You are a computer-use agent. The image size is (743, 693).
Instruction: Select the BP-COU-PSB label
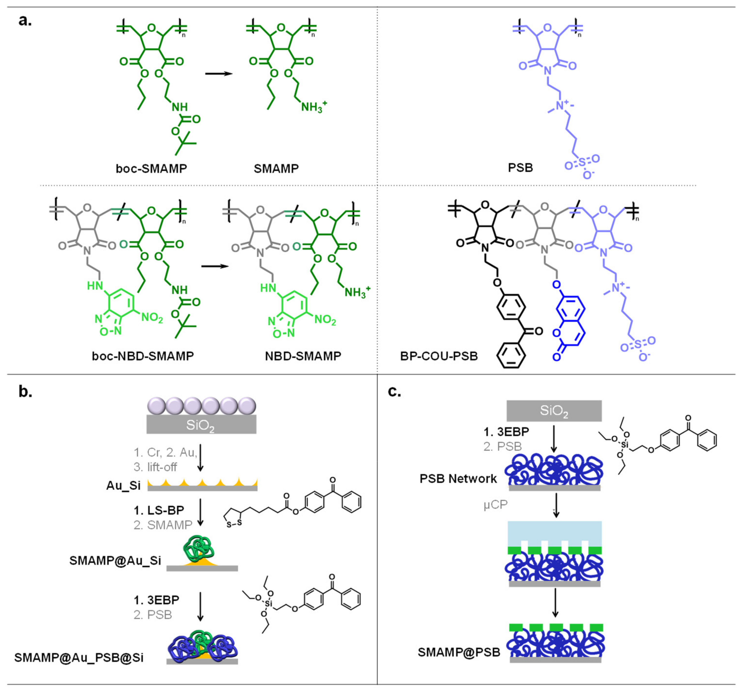click(439, 356)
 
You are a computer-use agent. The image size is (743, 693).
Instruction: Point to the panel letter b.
click(25, 391)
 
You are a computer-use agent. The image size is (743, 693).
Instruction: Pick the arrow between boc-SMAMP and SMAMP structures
click(219, 74)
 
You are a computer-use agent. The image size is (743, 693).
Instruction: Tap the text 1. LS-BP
click(159, 510)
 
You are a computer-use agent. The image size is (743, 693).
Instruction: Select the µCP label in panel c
click(496, 505)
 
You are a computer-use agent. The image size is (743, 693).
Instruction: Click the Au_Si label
click(123, 486)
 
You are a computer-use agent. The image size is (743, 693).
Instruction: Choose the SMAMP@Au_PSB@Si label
click(79, 657)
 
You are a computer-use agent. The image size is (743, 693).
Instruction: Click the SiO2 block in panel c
click(554, 411)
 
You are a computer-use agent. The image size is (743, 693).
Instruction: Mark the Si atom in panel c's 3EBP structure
click(625, 445)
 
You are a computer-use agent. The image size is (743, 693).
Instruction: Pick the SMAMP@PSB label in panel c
click(459, 652)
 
